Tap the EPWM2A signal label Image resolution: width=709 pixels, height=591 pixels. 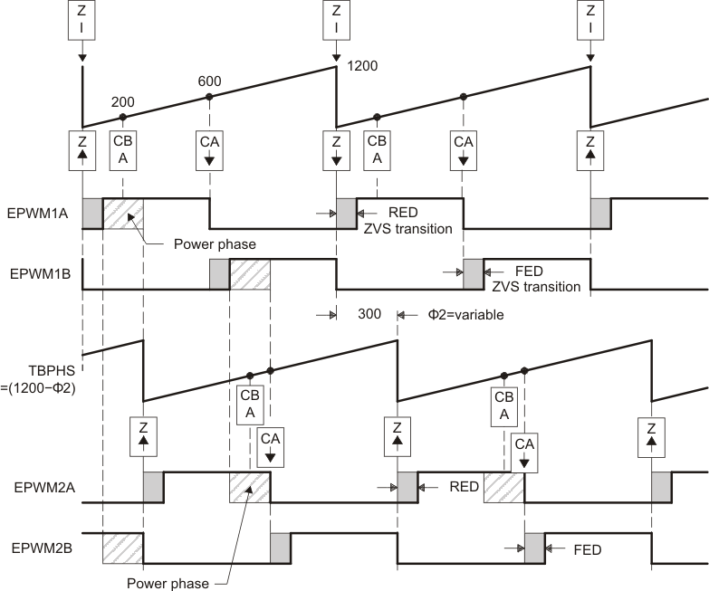[35, 486]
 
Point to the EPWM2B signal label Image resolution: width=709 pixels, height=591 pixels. [35, 548]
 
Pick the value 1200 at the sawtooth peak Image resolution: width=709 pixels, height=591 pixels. [361, 66]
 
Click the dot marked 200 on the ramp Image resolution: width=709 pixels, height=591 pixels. [123, 117]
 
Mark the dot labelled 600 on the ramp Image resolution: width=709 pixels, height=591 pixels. [209, 97]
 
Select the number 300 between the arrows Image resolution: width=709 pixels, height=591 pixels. [368, 315]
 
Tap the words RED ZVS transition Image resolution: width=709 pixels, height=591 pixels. [407, 221]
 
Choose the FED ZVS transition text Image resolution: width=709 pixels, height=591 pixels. [535, 278]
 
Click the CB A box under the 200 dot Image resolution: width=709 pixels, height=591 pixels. [123, 148]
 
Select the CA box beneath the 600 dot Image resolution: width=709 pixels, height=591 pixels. [209, 148]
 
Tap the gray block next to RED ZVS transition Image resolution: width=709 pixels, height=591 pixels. [347, 214]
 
